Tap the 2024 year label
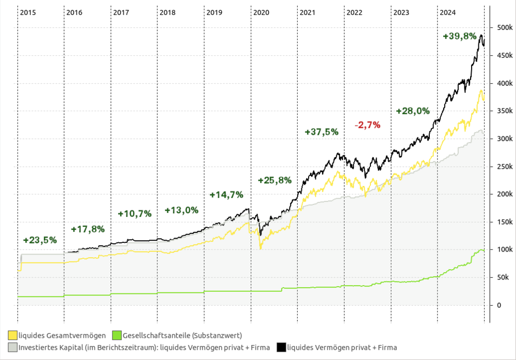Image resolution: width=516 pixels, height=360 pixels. click(x=448, y=12)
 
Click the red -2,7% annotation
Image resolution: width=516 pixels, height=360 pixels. click(x=367, y=125)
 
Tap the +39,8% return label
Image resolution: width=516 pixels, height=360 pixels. click(x=460, y=36)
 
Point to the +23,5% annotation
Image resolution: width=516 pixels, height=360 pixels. click(x=40, y=240)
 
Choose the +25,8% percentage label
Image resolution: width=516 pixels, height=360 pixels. click(x=275, y=180)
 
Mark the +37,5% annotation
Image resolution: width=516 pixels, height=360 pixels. click(x=321, y=132)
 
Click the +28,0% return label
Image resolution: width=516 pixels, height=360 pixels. click(x=413, y=111)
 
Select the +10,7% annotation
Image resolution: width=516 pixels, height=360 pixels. click(x=135, y=213)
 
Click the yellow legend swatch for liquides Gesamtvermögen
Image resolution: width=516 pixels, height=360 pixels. click(x=12, y=336)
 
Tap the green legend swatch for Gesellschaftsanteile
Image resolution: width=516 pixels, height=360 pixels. click(x=117, y=336)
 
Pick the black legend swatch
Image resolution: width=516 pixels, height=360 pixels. click(x=281, y=347)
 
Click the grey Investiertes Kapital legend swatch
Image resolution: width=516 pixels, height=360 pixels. click(x=12, y=347)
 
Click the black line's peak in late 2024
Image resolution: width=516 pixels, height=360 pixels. click(x=481, y=35)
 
